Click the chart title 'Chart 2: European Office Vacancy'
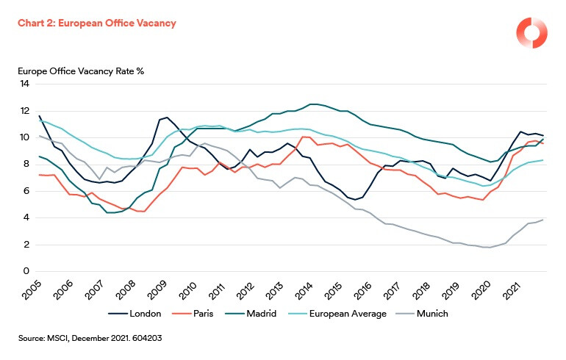98,23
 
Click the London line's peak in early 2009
167,118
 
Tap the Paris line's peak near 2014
303,137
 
